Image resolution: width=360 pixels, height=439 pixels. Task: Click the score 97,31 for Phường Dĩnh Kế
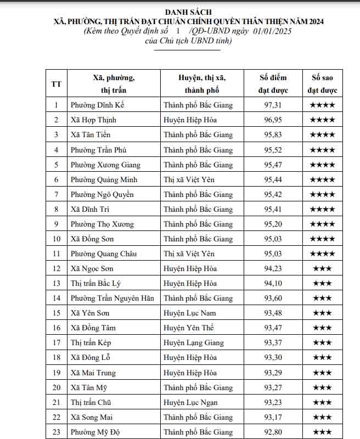pyautogui.click(x=273, y=105)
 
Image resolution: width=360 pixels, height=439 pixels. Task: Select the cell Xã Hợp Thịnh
pyautogui.click(x=93, y=120)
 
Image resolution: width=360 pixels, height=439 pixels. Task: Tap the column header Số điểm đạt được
pyautogui.click(x=273, y=84)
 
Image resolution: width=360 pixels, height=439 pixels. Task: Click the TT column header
pyautogui.click(x=56, y=84)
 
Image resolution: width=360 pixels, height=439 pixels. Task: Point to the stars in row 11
pyautogui.click(x=322, y=254)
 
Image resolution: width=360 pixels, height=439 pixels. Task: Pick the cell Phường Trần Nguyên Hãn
pyautogui.click(x=112, y=298)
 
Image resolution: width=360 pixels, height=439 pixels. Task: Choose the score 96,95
pyautogui.click(x=273, y=120)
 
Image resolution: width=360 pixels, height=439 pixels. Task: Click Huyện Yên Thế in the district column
pyautogui.click(x=188, y=328)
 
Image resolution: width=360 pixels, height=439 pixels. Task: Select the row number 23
pyautogui.click(x=56, y=432)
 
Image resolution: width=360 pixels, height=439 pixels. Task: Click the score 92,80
pyautogui.click(x=273, y=432)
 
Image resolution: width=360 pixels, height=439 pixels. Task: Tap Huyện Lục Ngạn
pyautogui.click(x=191, y=402)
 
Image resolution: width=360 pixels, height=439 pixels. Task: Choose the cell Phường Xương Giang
pyautogui.click(x=105, y=165)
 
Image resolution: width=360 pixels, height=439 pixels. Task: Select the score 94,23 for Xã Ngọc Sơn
pyautogui.click(x=273, y=268)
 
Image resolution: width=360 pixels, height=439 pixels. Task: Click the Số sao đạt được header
pyautogui.click(x=322, y=84)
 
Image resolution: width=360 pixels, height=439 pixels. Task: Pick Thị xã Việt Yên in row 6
pyautogui.click(x=189, y=179)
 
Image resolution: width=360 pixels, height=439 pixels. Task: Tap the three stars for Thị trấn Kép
pyautogui.click(x=322, y=342)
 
